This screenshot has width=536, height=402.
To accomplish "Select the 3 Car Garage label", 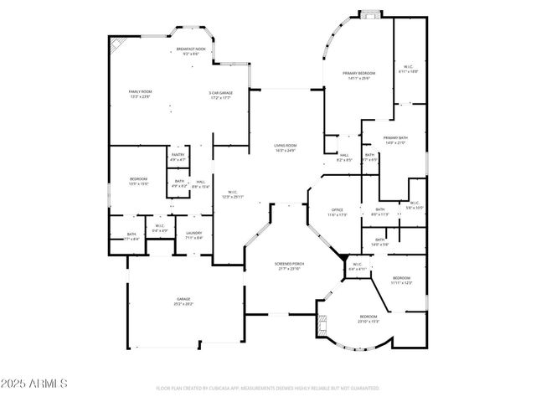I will (x=220, y=94).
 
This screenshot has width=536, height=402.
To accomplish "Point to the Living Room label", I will (x=286, y=147).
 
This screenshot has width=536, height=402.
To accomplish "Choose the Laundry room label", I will (x=193, y=234).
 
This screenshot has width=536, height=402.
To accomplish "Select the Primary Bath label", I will (x=395, y=139).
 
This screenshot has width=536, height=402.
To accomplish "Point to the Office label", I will (x=337, y=212).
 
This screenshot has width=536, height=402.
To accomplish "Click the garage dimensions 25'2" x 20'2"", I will (x=183, y=303).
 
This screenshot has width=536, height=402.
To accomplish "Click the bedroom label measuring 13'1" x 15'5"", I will (x=138, y=183).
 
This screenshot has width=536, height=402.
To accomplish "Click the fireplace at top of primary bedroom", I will (x=369, y=13).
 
